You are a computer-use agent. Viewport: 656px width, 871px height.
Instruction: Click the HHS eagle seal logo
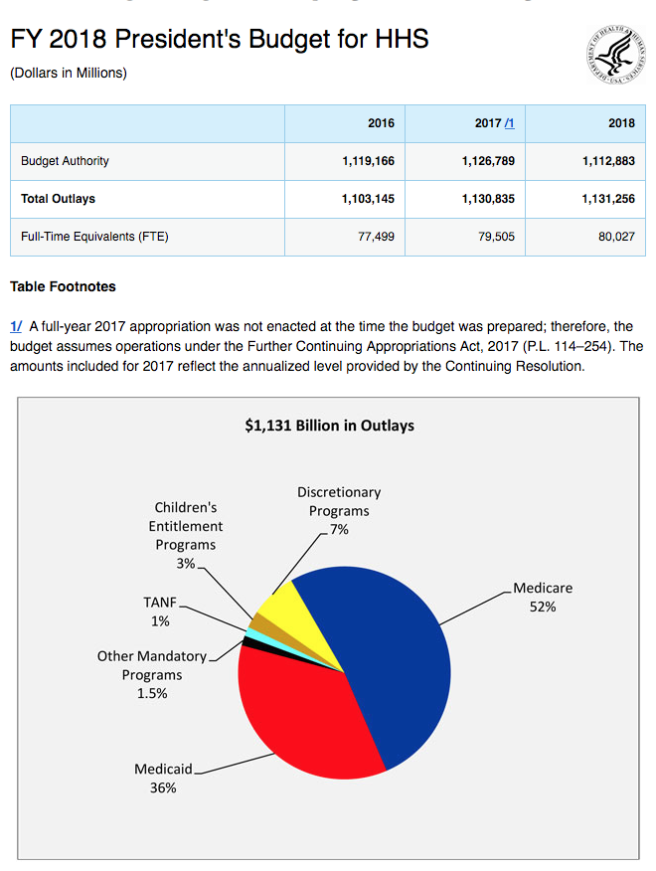(x=616, y=55)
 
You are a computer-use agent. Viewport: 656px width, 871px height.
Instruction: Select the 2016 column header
(x=381, y=123)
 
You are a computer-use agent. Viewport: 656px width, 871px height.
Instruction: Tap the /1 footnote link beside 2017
(x=509, y=123)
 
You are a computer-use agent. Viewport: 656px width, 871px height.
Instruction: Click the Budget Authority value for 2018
(x=608, y=161)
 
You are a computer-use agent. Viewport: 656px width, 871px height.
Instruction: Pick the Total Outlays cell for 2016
(x=368, y=199)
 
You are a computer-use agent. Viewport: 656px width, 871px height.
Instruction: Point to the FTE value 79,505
(x=497, y=237)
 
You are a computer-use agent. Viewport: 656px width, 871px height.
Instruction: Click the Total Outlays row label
(x=59, y=199)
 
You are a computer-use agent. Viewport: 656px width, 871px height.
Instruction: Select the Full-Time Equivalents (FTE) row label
(x=94, y=237)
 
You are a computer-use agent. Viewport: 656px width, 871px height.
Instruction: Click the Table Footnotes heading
(x=63, y=286)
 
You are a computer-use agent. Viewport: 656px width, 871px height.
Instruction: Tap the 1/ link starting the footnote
(x=16, y=326)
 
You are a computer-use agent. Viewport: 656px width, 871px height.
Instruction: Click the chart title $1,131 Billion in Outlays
(x=329, y=426)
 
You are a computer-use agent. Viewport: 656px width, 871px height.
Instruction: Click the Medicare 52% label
(x=543, y=598)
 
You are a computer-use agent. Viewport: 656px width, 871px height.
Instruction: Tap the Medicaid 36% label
(x=163, y=779)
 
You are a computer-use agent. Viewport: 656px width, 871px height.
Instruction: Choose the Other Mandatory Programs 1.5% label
(x=152, y=674)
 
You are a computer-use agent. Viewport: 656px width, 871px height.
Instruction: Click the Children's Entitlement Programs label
(x=186, y=535)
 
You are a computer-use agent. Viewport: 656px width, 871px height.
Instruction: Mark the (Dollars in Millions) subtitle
(x=69, y=73)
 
